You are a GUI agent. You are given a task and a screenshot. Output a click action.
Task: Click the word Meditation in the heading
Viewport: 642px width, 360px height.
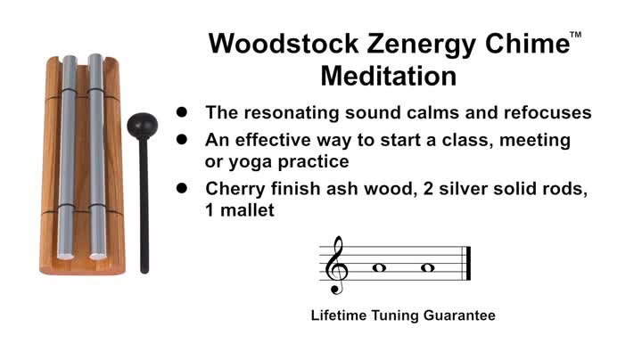388,76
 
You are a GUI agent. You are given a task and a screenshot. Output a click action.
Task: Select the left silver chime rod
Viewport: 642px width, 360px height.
70,160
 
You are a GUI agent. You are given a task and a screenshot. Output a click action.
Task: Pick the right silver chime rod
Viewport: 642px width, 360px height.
95,160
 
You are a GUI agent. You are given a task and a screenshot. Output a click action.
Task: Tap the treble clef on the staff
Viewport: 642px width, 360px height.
337,265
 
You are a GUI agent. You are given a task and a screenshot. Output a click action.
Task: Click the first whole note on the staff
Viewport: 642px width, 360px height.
378,266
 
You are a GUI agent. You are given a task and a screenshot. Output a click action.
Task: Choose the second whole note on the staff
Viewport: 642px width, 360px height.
427,266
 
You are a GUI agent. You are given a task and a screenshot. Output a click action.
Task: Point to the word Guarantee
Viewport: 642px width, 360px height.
464,315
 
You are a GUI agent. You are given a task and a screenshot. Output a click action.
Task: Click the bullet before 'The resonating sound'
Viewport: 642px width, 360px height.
182,113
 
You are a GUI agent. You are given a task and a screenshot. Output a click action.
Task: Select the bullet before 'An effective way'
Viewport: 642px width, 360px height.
182,140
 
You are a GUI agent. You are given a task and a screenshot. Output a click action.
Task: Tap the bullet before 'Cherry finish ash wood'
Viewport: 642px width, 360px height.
182,188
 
